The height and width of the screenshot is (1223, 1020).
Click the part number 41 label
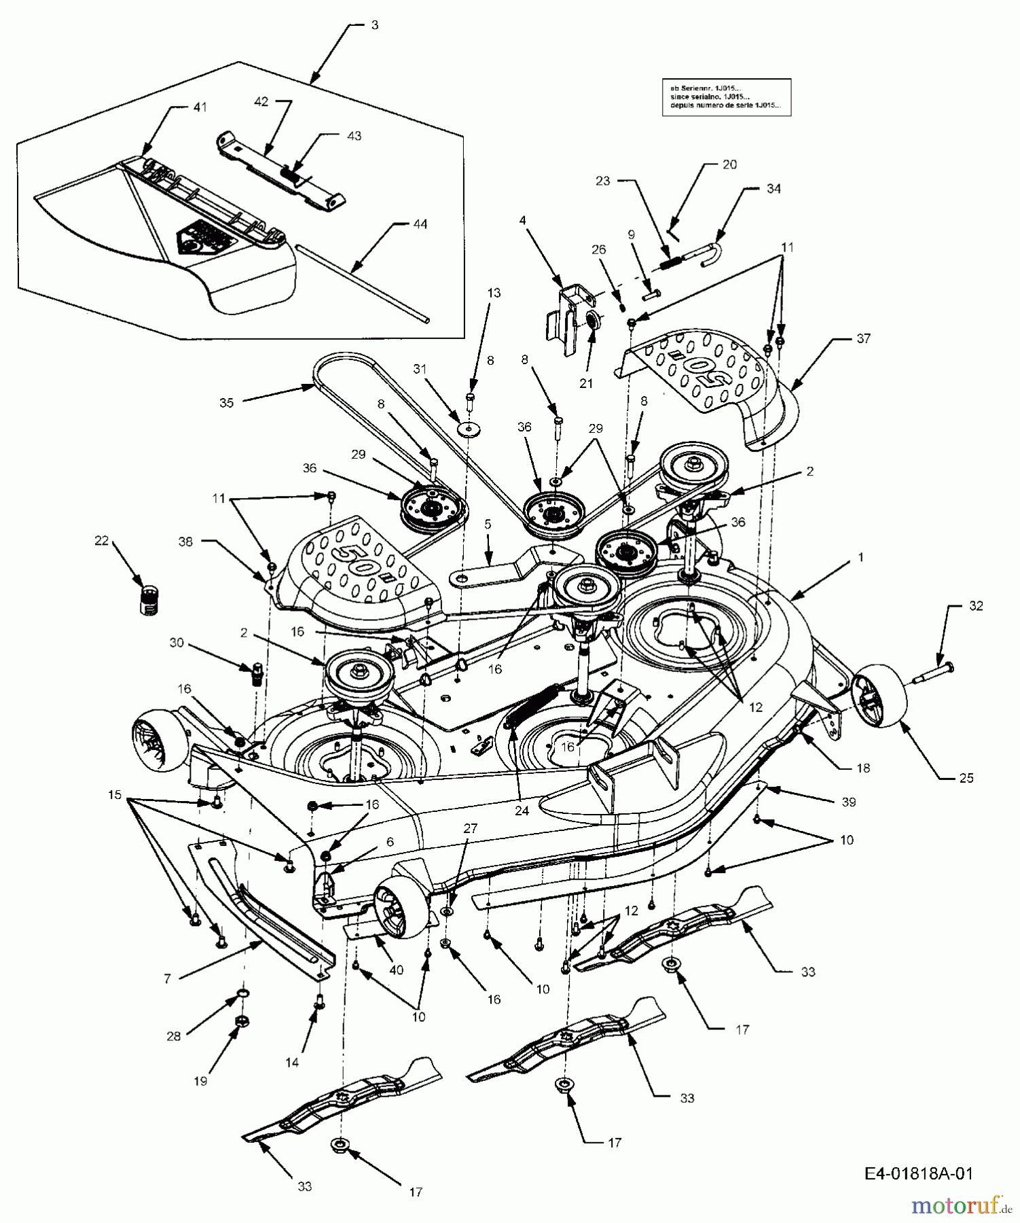point(200,107)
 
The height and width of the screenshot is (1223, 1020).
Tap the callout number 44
point(420,224)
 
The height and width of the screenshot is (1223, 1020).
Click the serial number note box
point(726,97)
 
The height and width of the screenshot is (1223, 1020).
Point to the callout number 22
point(101,541)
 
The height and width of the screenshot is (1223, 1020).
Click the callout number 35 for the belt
point(226,403)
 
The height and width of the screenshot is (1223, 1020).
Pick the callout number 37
point(862,338)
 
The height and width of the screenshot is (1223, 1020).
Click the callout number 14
point(291,1063)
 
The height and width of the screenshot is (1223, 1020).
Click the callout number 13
point(494,293)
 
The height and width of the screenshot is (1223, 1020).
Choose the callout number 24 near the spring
point(522,811)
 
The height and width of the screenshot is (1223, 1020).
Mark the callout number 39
point(848,802)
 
